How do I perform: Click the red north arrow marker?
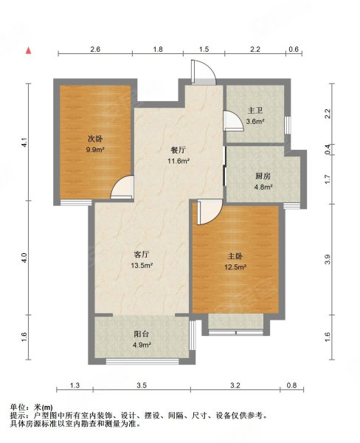(29, 50)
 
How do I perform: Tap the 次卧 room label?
(95, 139)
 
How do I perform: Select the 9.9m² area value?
(95, 149)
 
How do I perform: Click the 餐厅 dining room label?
(178, 151)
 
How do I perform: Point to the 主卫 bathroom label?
(255, 111)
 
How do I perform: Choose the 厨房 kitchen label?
(263, 176)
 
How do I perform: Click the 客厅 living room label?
(141, 255)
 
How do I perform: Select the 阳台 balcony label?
(141, 334)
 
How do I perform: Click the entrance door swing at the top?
(204, 72)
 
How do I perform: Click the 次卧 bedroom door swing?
(122, 187)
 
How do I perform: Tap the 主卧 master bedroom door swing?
(210, 212)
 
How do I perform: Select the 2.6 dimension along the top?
(95, 49)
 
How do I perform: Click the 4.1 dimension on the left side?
(24, 142)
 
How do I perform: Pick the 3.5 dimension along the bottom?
(142, 385)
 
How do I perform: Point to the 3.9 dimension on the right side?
(328, 259)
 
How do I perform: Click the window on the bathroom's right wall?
(288, 126)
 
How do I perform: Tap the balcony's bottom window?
(142, 361)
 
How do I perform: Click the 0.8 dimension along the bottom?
(292, 385)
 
